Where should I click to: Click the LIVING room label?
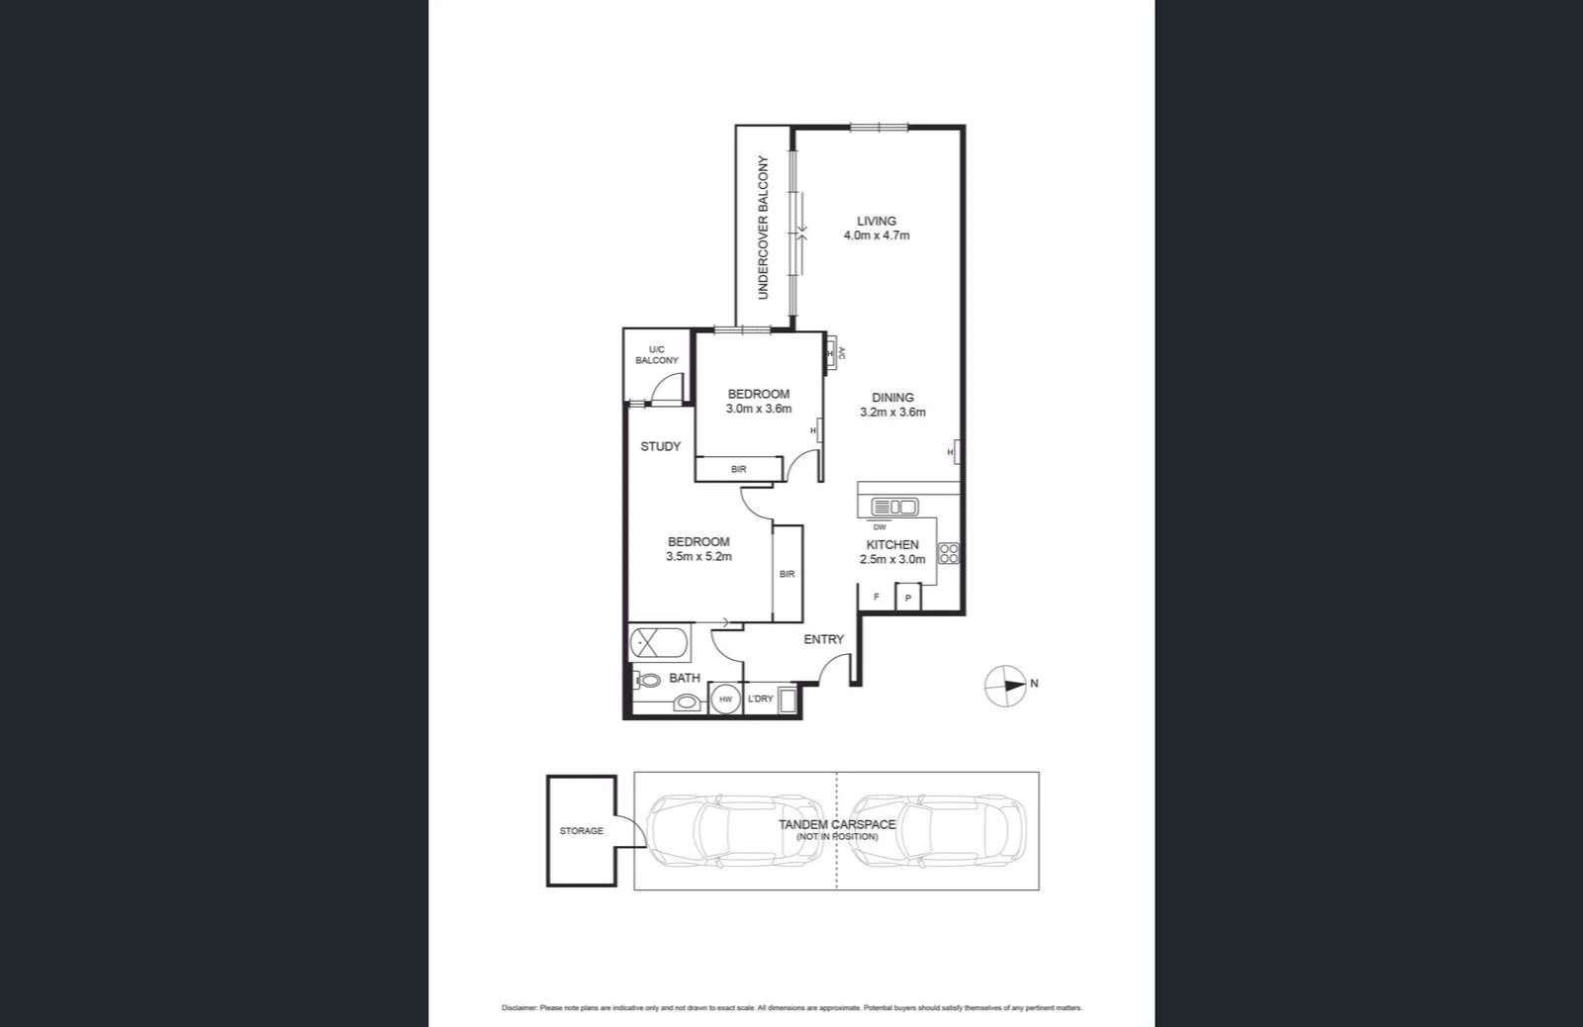(x=877, y=222)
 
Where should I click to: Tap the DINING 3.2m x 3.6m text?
(x=892, y=406)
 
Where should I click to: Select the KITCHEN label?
(x=892, y=545)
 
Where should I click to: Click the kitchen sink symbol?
(x=893, y=508)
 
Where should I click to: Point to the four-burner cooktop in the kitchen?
(x=948, y=553)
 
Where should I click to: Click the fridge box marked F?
(x=877, y=598)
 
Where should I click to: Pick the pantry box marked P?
(x=908, y=598)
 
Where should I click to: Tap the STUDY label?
(x=660, y=447)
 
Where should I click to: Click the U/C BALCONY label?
(x=657, y=355)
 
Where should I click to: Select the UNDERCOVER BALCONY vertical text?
(x=763, y=228)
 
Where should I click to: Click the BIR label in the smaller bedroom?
(x=738, y=469)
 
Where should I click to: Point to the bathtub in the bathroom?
(x=661, y=643)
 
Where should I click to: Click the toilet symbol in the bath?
(x=649, y=682)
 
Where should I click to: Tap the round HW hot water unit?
(x=725, y=700)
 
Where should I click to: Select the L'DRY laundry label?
(x=760, y=700)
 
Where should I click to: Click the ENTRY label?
(x=823, y=640)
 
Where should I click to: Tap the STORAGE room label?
(x=581, y=831)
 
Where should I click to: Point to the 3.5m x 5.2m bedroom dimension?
(x=698, y=557)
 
